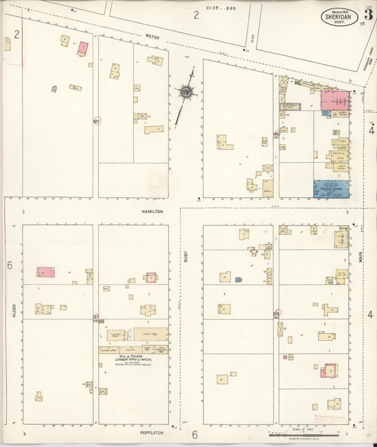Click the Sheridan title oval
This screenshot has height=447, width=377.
[338, 17]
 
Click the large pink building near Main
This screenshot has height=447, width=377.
[336, 101]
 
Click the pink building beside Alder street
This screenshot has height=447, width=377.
[45, 272]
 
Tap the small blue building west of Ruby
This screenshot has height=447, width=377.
[238, 279]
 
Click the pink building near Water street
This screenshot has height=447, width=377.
[83, 47]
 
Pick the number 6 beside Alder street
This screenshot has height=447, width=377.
[10, 265]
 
